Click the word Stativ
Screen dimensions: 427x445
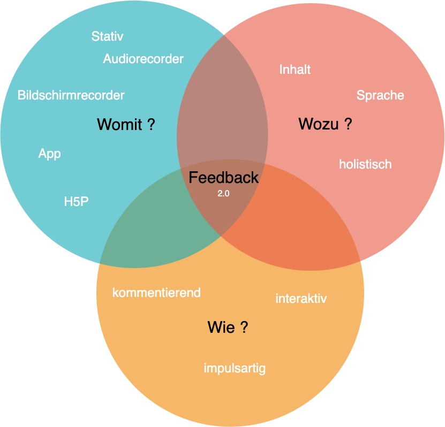point(107,36)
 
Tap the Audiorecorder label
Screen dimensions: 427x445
point(143,59)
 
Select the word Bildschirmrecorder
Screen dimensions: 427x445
point(71,95)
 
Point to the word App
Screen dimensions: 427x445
point(49,154)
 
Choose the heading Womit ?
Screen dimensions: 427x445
point(126,125)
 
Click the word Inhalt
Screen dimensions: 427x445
point(295,70)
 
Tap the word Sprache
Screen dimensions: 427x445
point(380,96)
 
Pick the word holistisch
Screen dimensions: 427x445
point(365,164)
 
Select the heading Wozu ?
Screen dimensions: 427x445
point(325,125)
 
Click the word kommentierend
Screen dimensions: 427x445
point(156,293)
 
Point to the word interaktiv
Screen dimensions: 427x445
point(301,298)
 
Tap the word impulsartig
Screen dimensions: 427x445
point(235,368)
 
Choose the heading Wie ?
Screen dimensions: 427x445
point(228,327)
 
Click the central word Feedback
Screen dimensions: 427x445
point(223,178)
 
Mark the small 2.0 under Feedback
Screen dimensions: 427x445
point(223,194)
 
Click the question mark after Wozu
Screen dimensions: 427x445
point(348,125)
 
